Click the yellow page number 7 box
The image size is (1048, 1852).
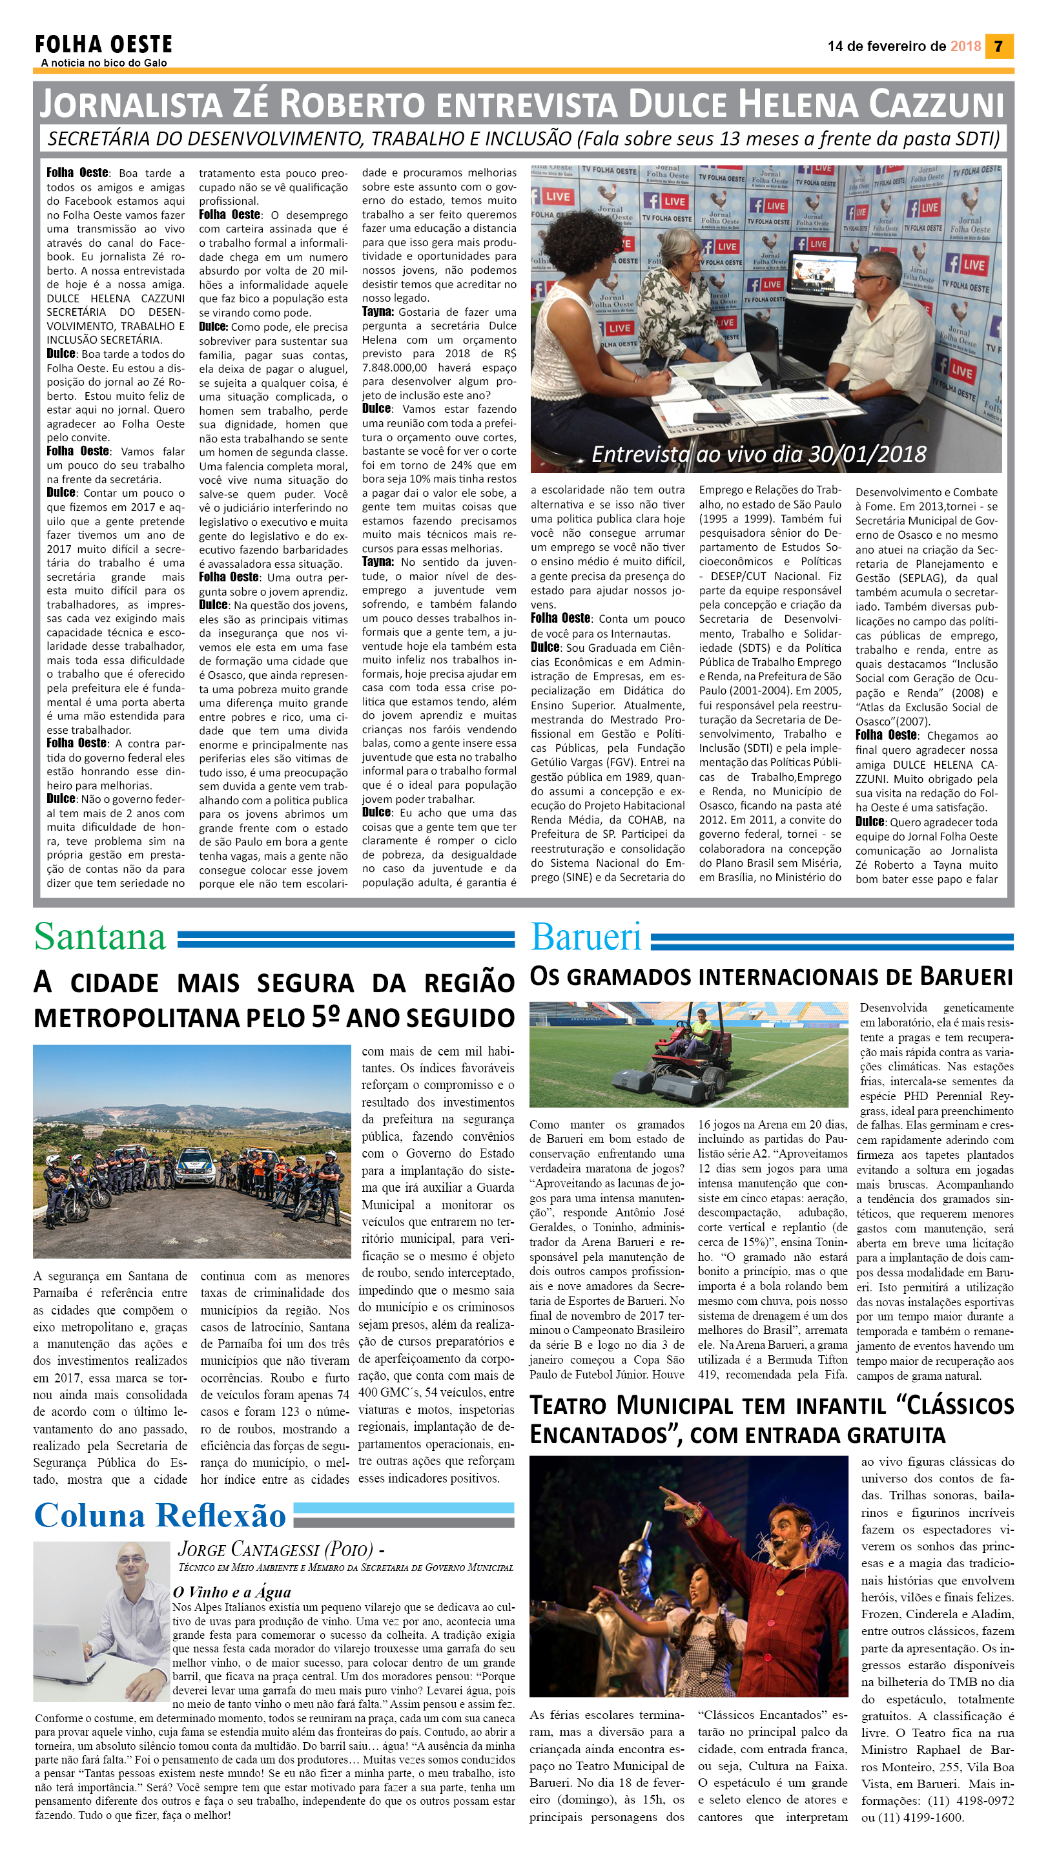pos(998,46)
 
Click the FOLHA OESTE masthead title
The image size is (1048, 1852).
pos(104,45)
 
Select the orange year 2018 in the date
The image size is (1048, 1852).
pos(965,46)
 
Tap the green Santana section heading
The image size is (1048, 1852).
pos(99,937)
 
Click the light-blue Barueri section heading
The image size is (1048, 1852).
pos(586,937)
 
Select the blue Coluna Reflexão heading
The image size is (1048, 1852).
pos(159,1515)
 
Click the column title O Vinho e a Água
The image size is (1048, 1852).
pos(231,1592)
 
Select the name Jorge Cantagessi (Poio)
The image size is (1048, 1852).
pos(276,1549)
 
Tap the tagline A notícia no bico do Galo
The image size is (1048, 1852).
pos(104,63)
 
